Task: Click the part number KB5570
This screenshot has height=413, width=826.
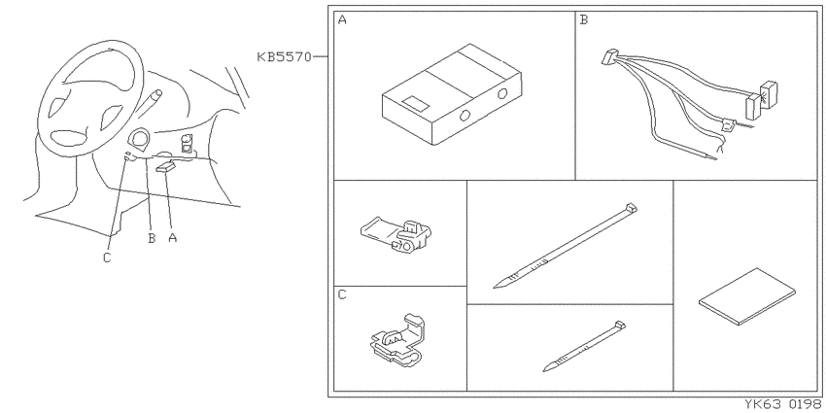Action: (285, 57)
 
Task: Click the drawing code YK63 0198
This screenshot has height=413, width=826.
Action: (783, 404)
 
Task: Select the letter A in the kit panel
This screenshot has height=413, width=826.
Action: (342, 20)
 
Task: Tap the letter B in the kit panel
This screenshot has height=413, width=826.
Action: (584, 20)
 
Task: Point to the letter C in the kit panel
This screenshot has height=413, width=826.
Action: (342, 295)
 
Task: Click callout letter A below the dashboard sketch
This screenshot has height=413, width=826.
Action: (172, 237)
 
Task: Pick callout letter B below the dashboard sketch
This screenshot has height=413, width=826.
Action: (152, 238)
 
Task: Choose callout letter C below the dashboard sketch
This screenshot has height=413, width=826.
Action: (107, 258)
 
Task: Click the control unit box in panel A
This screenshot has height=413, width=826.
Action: (452, 95)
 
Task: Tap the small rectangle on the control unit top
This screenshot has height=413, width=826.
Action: (415, 103)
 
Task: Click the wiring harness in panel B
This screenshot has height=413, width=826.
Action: (690, 105)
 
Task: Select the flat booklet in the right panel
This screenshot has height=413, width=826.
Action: (747, 296)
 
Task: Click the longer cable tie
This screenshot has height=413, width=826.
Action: (566, 246)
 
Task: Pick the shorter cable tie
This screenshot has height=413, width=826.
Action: (584, 346)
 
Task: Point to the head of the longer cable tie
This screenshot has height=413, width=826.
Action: (631, 207)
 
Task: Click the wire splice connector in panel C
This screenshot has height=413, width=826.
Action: (398, 340)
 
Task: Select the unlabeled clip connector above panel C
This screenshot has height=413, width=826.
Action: (396, 235)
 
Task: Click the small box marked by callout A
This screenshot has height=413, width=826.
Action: (166, 166)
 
